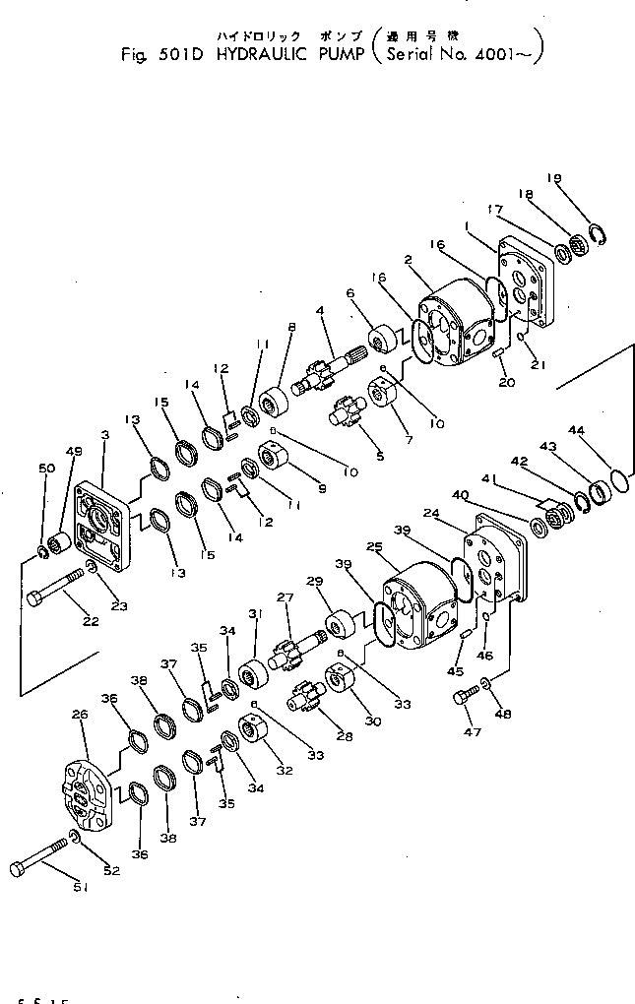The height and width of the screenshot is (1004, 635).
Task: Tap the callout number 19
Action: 555,179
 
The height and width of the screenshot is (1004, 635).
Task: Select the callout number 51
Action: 80,888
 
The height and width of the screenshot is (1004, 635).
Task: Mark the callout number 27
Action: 286,597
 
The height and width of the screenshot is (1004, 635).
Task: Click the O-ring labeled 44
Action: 618,478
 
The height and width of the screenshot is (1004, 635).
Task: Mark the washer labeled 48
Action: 487,685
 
